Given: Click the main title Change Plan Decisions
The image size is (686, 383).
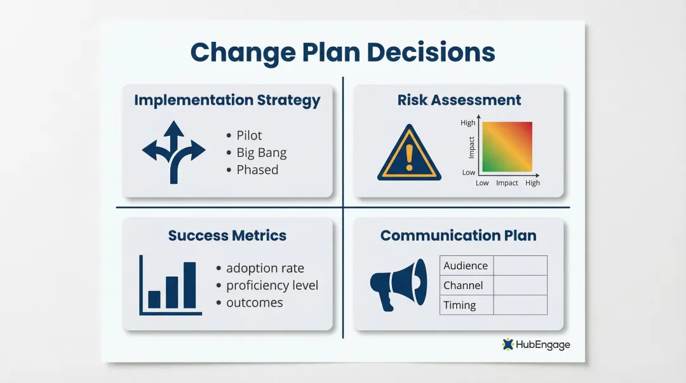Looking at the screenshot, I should tap(342, 52).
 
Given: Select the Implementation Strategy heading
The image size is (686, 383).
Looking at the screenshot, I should tap(227, 100).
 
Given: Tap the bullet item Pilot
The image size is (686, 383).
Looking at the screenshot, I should tap(249, 135).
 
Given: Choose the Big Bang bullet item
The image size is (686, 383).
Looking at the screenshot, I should tap(261, 152).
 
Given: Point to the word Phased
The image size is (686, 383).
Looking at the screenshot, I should tap(257, 170).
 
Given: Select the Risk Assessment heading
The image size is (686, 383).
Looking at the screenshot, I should tap(459, 100).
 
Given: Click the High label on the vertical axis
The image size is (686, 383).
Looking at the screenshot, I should tap(467, 123).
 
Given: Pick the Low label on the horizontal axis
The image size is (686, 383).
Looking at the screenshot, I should tap(482, 183).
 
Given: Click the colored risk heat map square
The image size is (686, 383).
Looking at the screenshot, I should tap(507, 147).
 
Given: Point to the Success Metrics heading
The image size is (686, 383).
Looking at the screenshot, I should tap(227, 236).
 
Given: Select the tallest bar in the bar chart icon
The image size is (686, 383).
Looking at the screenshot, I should tap(189, 285).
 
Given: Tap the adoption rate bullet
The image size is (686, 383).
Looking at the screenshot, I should tap(265, 268).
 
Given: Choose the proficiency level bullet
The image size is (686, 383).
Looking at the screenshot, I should tap(272, 285).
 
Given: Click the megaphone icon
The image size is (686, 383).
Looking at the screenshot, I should tap(398, 284).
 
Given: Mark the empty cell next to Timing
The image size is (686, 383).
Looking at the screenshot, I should tap(520, 305).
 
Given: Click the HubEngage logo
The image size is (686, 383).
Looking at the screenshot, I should tap(535, 344).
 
